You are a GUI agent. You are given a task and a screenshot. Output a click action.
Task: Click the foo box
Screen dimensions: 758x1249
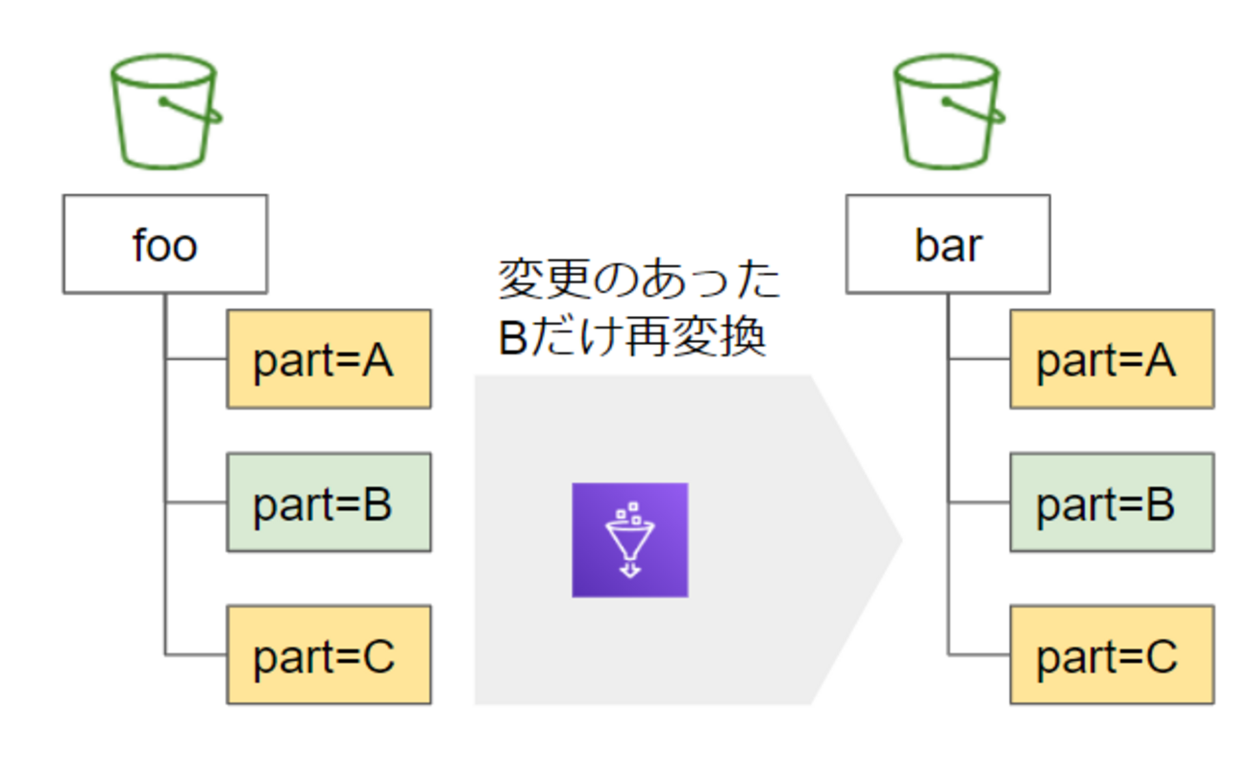(x=164, y=244)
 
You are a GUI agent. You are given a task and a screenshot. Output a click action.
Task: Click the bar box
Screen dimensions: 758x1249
(x=947, y=244)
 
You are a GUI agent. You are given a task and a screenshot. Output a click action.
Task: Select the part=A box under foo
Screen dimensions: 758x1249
(x=329, y=359)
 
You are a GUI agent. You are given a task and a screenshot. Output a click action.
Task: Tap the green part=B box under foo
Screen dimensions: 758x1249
(x=329, y=502)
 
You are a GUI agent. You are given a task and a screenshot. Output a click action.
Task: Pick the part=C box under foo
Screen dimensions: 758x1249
(x=329, y=654)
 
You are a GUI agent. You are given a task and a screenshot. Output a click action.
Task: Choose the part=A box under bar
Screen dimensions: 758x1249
(x=1112, y=359)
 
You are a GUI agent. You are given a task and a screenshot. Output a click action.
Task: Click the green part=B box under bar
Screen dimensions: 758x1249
(x=1112, y=502)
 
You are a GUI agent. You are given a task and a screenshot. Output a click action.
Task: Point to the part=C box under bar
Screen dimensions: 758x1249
(x=1112, y=654)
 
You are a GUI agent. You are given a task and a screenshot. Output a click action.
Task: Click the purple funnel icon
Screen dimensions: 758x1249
(x=629, y=540)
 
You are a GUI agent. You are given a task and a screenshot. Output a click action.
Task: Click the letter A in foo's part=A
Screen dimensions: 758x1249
(x=379, y=361)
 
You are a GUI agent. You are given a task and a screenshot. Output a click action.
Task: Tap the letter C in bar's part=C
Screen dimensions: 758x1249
(x=1162, y=656)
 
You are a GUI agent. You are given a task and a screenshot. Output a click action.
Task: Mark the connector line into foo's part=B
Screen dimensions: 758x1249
(x=196, y=501)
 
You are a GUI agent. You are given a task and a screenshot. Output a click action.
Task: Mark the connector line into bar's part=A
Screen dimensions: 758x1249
(x=979, y=359)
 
